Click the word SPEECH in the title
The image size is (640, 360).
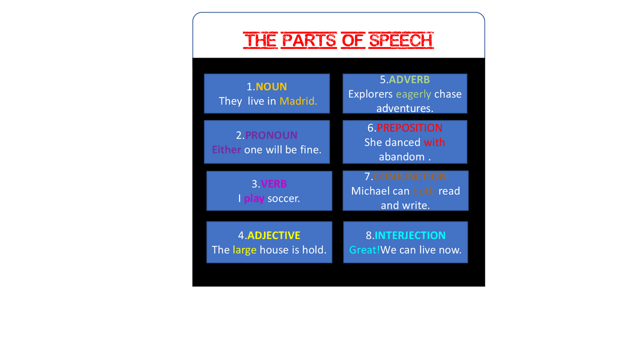tap(401, 40)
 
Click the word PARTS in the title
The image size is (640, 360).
tap(308, 40)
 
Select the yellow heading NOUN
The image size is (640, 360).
tap(271, 86)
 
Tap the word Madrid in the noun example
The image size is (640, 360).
tap(298, 101)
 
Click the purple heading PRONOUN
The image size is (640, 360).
tap(271, 135)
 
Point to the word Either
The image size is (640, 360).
tap(226, 149)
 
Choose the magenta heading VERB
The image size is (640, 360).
tap(274, 184)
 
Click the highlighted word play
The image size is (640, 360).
tap(254, 198)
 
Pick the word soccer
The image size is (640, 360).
tap(283, 198)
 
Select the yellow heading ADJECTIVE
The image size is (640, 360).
tap(274, 235)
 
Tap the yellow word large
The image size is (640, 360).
tap(244, 249)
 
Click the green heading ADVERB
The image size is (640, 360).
tap(409, 79)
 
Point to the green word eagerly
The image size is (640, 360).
tap(413, 94)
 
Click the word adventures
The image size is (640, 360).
tap(405, 108)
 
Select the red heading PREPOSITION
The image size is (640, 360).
tap(409, 128)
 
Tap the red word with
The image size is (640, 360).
tap(434, 142)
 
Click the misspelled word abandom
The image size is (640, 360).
tap(401, 157)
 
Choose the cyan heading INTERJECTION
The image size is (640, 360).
tap(410, 235)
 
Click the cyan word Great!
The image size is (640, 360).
tap(364, 249)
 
